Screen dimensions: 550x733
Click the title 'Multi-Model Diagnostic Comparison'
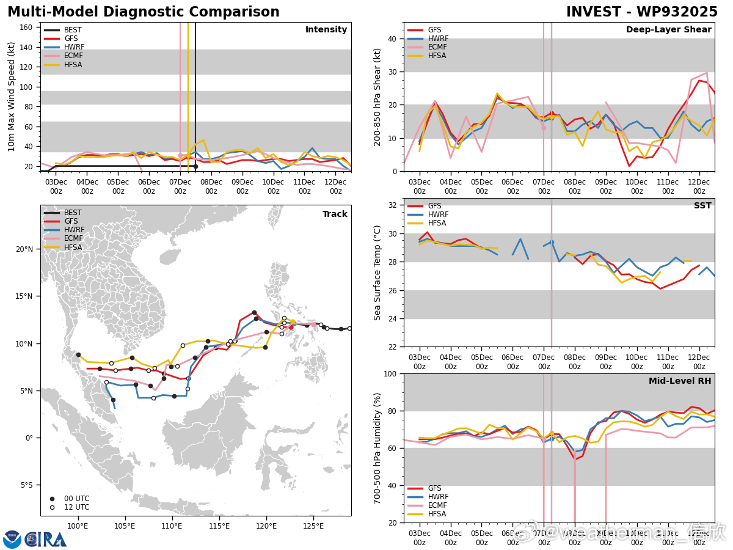[x=144, y=12]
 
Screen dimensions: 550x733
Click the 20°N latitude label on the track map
[x=25, y=249]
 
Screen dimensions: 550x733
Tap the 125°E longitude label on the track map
[x=313, y=526]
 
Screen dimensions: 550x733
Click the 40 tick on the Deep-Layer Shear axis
[x=392, y=38]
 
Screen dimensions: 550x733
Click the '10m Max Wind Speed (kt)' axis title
[x=12, y=97]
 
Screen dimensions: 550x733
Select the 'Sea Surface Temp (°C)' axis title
[x=377, y=273]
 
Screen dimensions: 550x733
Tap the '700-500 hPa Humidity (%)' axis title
[x=377, y=448]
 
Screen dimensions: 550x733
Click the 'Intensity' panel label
[x=326, y=30]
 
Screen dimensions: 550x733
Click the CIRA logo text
[x=46, y=540]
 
